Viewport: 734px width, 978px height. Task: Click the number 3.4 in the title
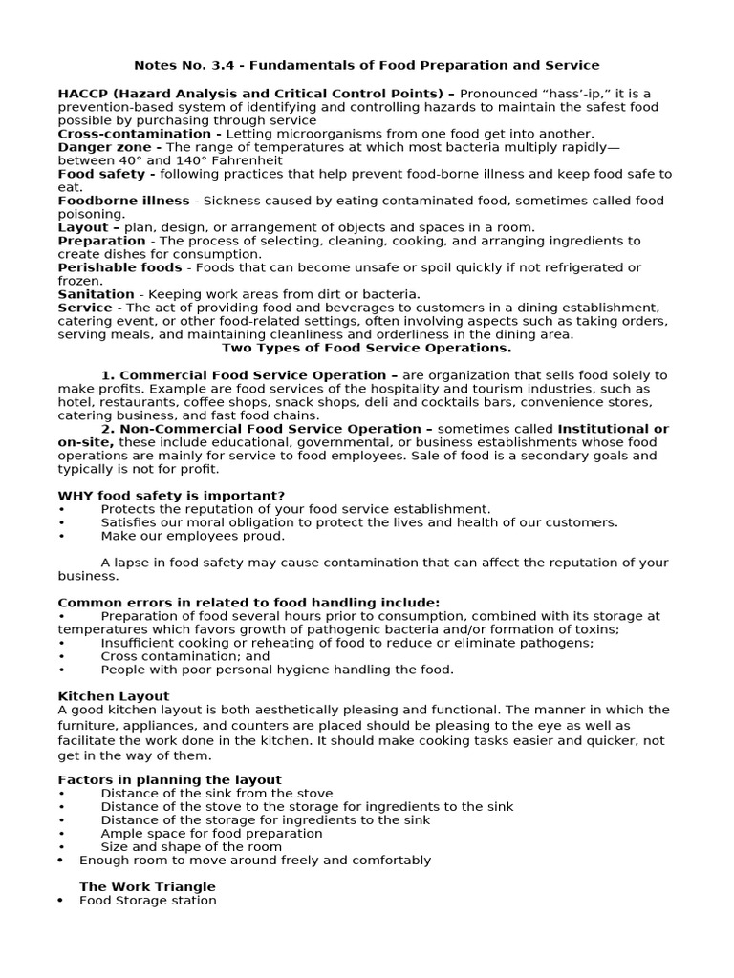point(224,65)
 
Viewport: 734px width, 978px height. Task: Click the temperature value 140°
point(151,160)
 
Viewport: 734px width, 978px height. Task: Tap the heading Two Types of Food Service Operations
point(367,348)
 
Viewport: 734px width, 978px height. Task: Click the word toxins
point(596,629)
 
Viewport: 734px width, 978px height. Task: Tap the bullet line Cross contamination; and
point(185,656)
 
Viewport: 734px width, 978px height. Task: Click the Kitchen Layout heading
point(114,696)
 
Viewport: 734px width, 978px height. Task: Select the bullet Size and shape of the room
point(191,846)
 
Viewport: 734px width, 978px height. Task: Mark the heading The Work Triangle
point(147,886)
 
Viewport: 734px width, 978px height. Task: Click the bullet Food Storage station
point(148,900)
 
